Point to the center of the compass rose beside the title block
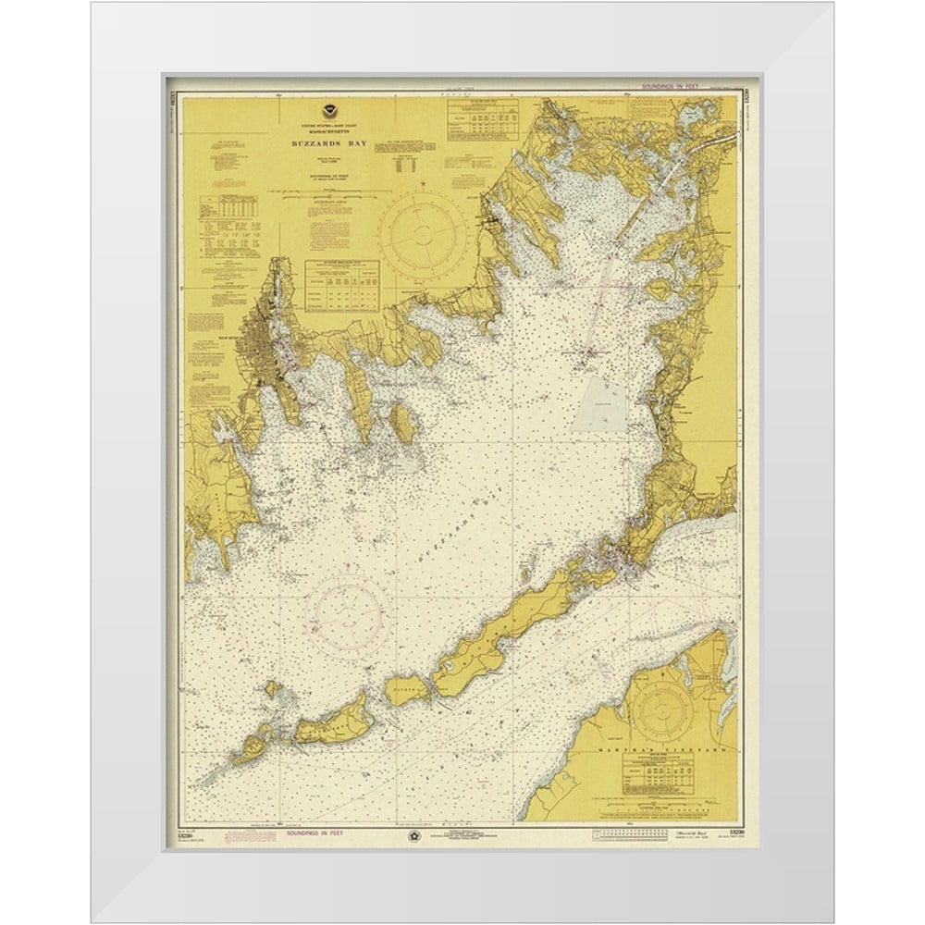(x=426, y=226)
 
